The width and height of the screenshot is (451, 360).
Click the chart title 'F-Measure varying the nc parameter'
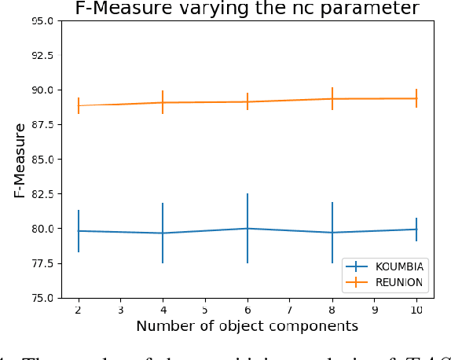coord(247,9)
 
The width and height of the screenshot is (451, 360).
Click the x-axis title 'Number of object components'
coord(247,325)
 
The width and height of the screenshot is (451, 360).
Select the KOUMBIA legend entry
coord(395,267)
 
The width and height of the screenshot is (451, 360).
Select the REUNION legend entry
coord(397,282)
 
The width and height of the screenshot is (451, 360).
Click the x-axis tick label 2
coord(78,310)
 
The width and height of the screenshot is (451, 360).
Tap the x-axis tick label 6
coord(247,310)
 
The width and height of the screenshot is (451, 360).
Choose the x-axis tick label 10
coord(416,310)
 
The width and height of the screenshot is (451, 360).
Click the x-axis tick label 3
coord(120,310)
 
